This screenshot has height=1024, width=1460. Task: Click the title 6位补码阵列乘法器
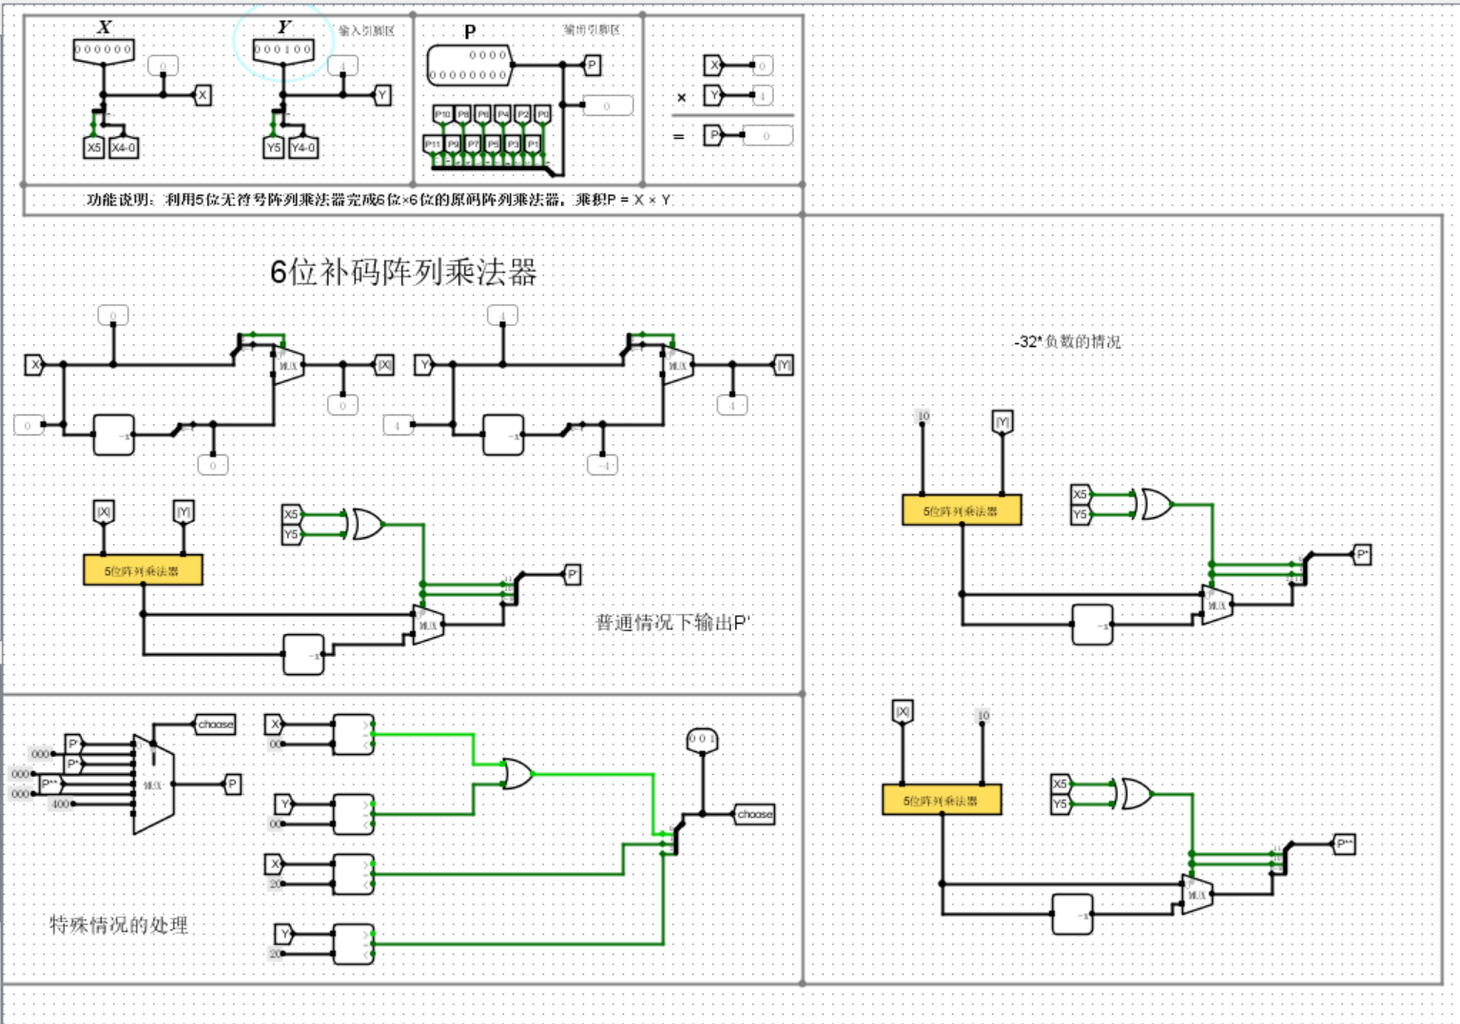coord(403,272)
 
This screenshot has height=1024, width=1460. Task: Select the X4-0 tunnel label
coord(124,147)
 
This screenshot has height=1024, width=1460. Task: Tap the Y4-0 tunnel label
coord(303,147)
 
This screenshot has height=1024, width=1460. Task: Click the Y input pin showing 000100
coord(283,49)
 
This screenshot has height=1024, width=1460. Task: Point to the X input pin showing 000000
coord(104,49)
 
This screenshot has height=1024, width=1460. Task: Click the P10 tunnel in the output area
coord(442,114)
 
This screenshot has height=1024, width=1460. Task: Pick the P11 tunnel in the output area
coord(433,144)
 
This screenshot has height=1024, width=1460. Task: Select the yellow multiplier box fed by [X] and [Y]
coord(143,570)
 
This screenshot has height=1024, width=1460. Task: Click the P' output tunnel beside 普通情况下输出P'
coord(573,574)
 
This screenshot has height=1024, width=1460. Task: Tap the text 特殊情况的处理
coord(119,924)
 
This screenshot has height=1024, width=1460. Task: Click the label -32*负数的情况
coord(1067,341)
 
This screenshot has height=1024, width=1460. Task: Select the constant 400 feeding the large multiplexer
coord(61,804)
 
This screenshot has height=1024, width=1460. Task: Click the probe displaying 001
coord(702,740)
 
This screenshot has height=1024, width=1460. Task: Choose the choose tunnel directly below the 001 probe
coord(754,814)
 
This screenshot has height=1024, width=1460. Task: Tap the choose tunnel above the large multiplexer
coord(215,725)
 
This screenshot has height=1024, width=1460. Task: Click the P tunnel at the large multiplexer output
coord(232,784)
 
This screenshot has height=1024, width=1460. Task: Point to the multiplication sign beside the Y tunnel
coord(681,97)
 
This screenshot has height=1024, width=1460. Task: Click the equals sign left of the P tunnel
coord(678,137)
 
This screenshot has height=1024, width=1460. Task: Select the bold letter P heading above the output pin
coord(470,31)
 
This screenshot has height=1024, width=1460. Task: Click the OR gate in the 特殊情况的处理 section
coord(516,774)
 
